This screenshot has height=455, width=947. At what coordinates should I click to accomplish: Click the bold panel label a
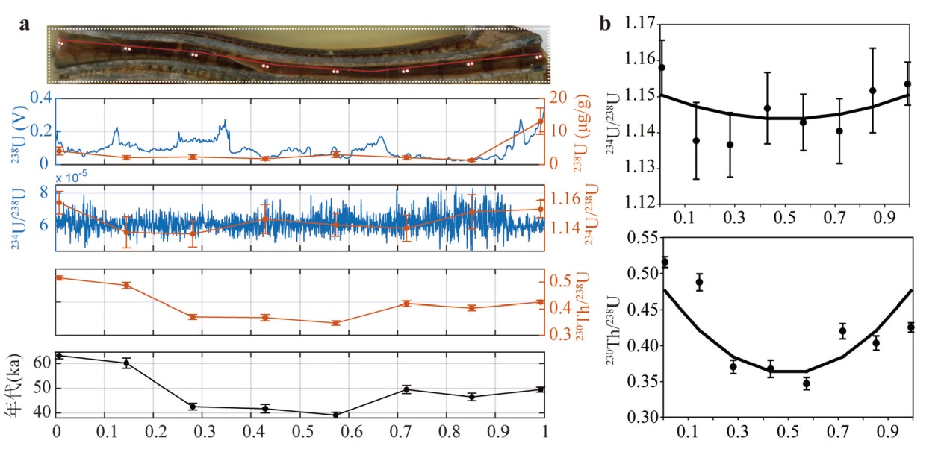click(x=25, y=24)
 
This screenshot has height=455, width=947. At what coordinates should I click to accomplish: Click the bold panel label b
click(x=605, y=24)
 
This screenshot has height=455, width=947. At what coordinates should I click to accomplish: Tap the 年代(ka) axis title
click(x=17, y=383)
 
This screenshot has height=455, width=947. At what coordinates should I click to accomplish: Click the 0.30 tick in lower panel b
click(x=641, y=418)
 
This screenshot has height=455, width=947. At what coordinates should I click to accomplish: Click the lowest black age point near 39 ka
click(x=336, y=415)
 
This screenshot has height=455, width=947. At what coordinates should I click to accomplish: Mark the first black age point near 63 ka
click(x=59, y=356)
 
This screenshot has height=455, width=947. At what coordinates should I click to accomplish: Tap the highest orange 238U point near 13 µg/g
click(x=540, y=122)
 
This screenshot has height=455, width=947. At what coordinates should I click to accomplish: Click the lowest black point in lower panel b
click(x=806, y=383)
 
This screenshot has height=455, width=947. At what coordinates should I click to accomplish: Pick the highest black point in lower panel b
click(x=665, y=262)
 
